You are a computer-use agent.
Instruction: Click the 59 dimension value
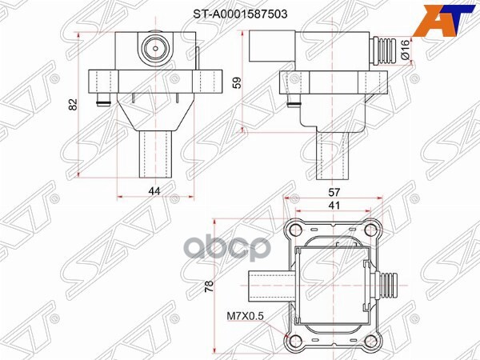238,82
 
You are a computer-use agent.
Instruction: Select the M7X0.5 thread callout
246,316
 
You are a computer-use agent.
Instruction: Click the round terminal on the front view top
152,50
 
